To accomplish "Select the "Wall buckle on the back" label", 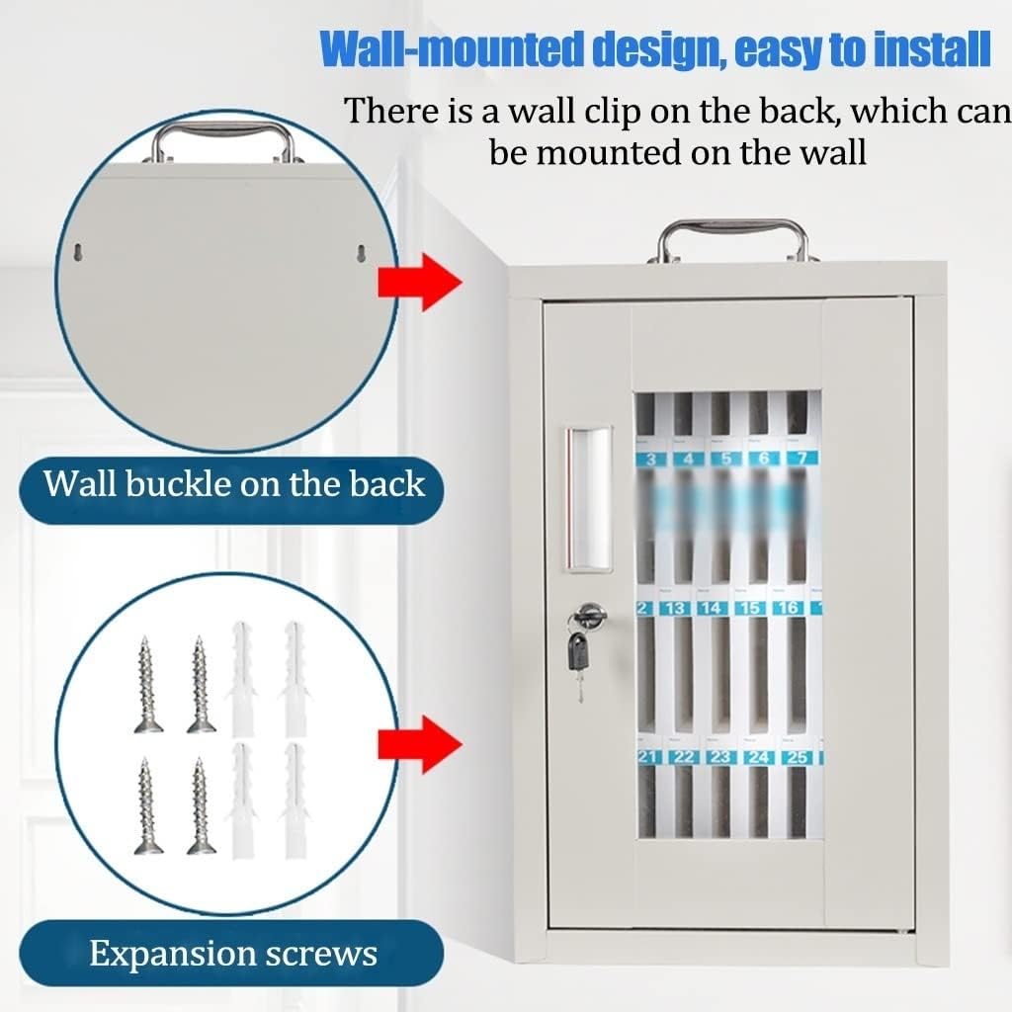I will click(234, 483).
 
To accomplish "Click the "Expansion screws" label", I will click(233, 954).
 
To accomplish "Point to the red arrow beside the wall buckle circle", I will click(419, 282).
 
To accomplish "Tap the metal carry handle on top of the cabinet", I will click(733, 235).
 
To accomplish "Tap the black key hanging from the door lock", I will click(578, 651).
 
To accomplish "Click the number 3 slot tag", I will click(650, 459).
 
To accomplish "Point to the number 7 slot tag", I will click(801, 459).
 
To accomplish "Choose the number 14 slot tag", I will click(712, 608).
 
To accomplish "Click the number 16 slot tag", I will click(788, 608).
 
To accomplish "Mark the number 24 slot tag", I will click(759, 757).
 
